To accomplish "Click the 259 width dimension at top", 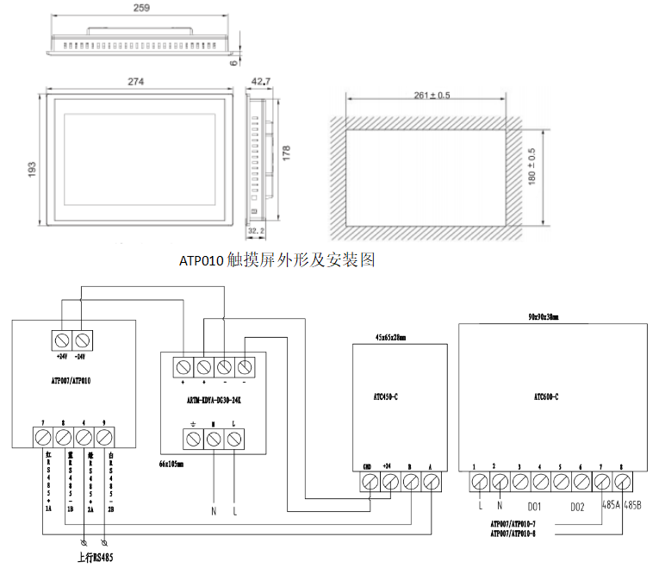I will [142, 9].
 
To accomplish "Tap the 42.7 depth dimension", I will [260, 81].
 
